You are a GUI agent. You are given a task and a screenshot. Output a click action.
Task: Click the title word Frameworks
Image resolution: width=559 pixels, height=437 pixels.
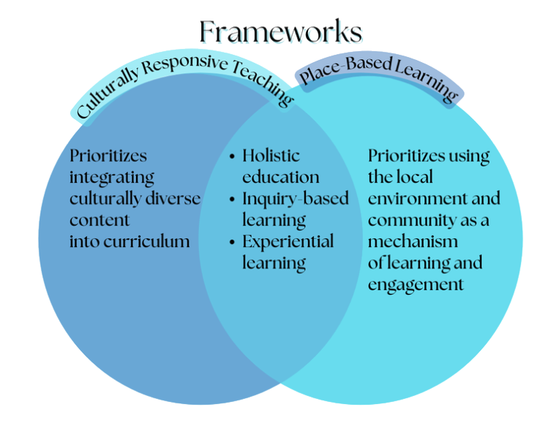pyautogui.click(x=280, y=32)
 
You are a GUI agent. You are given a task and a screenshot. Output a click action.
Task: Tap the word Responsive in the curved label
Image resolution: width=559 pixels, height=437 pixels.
pyautogui.click(x=184, y=69)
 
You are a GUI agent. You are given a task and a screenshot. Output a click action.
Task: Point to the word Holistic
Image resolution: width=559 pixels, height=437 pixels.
pyautogui.click(x=271, y=156)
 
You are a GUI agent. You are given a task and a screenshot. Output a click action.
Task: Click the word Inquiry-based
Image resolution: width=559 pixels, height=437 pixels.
pyautogui.click(x=296, y=199)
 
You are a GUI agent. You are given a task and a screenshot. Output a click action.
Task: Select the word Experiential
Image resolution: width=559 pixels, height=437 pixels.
pyautogui.click(x=288, y=242)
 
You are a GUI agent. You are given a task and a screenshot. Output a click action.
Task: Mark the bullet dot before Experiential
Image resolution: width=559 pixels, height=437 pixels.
pyautogui.click(x=232, y=242)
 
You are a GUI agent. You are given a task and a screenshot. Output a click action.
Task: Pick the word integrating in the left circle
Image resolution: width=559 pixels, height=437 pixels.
pyautogui.click(x=112, y=178)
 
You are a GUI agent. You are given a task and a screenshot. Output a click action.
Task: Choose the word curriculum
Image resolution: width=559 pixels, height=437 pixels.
pyautogui.click(x=152, y=242)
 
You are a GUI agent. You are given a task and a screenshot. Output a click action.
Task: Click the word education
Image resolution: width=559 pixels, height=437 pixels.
pyautogui.click(x=281, y=178)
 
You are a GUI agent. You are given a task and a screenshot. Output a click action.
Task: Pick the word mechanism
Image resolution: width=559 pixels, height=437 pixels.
pyautogui.click(x=413, y=241)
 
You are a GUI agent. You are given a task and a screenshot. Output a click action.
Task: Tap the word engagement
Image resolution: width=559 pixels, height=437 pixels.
pyautogui.click(x=416, y=284)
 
